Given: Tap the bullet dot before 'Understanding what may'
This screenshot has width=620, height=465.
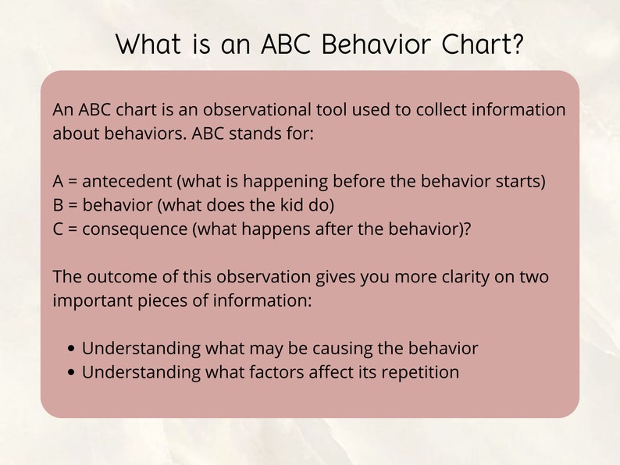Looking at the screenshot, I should (x=72, y=350).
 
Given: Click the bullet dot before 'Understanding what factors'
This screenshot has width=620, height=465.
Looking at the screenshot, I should (x=72, y=373).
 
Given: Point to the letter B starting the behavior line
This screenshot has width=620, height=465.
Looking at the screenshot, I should (x=58, y=205).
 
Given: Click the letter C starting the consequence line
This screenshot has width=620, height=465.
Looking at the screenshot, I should (x=59, y=229).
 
